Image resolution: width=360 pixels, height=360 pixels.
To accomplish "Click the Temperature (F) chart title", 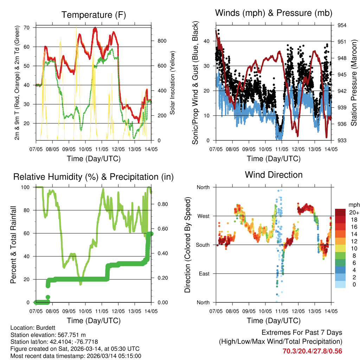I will [94, 15].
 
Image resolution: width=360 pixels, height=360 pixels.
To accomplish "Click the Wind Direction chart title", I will [274, 174].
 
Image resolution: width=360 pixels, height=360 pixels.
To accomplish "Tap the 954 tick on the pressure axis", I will [342, 25].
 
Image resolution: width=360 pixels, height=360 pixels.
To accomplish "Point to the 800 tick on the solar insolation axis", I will [161, 41].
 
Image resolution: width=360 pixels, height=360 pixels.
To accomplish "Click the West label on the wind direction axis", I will [203, 216].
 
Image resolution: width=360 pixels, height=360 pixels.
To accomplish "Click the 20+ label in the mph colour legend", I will [354, 212].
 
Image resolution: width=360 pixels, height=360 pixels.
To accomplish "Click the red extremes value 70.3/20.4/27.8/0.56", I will [312, 351].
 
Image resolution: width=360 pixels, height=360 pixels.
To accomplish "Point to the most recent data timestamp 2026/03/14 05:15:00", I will [110, 356].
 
